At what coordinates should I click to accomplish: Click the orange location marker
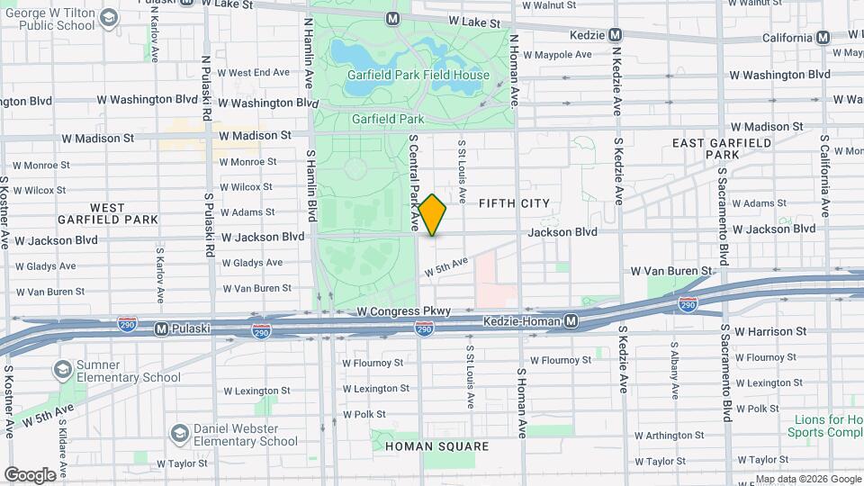point(432,215)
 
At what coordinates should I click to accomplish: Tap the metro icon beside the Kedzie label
point(616,35)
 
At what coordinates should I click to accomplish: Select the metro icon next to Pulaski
point(162,328)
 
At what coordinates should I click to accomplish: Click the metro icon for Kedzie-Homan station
point(571,321)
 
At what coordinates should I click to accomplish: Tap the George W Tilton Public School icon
point(109,17)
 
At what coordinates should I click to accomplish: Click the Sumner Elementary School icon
point(62,370)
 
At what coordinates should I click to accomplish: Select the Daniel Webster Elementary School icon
point(179,434)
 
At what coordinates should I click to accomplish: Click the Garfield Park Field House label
point(420,76)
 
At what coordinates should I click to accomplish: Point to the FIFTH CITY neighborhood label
point(514,203)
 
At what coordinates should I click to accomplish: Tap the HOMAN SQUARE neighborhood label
point(436,446)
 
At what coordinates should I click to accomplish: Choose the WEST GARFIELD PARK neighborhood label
point(107,213)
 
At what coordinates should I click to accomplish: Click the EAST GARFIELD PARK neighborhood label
point(722,148)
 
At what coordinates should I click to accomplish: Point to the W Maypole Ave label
point(558,55)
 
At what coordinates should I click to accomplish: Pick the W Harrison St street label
point(770,331)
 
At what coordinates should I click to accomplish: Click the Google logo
point(29,474)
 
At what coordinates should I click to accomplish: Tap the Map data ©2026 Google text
point(807,479)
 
